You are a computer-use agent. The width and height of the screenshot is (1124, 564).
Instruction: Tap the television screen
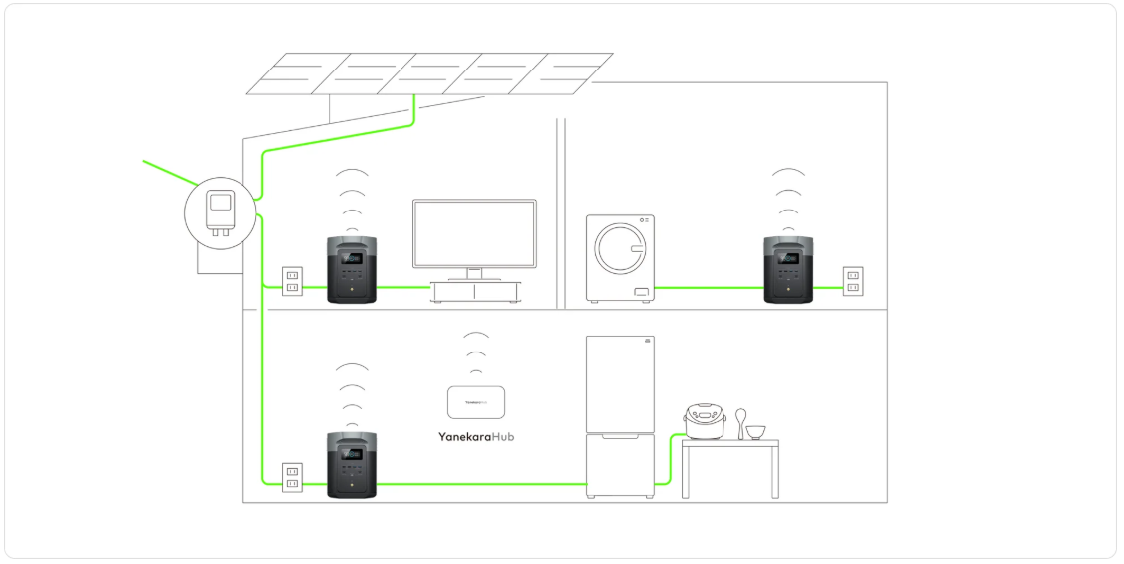pos(474,232)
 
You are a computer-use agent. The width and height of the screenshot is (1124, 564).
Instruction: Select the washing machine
pos(620,258)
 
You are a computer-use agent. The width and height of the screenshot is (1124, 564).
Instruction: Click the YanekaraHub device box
pos(477,402)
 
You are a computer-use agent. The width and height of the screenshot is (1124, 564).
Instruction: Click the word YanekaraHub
pos(476,436)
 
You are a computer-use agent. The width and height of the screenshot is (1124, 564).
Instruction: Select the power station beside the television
pos(352,270)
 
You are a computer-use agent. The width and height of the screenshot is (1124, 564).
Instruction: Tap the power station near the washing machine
pos(789,270)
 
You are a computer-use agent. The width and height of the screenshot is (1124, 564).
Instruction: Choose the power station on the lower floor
pos(352,466)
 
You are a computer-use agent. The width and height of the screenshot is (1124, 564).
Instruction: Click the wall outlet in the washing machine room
pos(852,280)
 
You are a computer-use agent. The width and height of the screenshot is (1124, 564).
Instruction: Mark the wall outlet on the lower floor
pos(292,476)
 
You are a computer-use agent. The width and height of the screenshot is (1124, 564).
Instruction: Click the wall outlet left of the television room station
pos(292,280)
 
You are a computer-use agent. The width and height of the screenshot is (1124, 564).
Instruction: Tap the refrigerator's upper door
pos(621,383)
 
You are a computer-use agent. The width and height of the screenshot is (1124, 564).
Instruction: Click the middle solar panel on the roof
pos(429,73)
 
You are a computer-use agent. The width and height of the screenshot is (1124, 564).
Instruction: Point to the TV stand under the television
pos(475,292)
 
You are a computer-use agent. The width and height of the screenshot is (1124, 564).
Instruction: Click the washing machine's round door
pos(621,248)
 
